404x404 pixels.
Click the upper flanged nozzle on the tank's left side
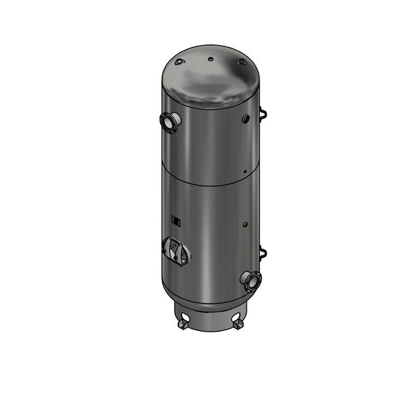(x=170, y=122)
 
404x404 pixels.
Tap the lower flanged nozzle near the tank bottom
(x=251, y=281)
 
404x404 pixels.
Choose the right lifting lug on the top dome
(x=241, y=62)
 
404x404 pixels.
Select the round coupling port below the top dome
(x=245, y=119)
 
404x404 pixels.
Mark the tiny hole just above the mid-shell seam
(x=245, y=172)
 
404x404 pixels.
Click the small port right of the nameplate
(x=245, y=223)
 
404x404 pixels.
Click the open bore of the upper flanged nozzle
(x=166, y=121)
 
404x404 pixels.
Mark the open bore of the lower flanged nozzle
(x=253, y=281)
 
